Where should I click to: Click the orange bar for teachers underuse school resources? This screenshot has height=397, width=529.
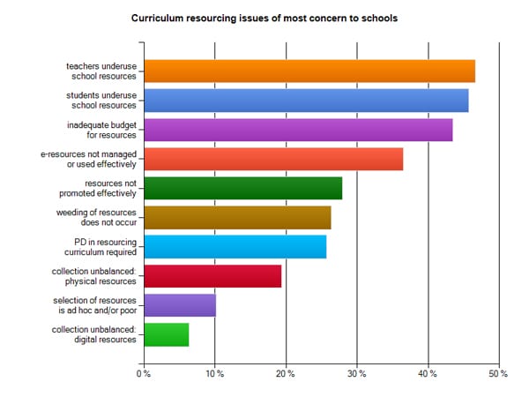309,71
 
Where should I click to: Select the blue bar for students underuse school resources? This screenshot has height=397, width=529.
305,101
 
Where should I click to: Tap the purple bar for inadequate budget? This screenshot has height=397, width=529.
297,130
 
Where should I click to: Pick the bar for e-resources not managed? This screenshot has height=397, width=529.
272,159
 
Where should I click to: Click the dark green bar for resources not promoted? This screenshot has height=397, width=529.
242,188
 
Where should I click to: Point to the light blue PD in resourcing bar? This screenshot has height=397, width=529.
235,246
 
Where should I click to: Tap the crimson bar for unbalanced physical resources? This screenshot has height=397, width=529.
212,275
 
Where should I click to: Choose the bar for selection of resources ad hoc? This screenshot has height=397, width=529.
179,305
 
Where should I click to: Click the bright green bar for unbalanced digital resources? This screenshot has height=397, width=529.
166,334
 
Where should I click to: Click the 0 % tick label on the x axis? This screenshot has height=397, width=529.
143,374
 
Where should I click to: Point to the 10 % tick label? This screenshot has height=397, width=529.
214,374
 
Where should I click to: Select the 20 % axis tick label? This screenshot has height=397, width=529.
285,374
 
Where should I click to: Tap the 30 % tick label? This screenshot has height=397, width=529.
356,374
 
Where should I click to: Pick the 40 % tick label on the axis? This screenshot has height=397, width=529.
428,374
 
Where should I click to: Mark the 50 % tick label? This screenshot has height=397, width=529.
498,374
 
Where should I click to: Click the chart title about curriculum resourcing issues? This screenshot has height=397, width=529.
264,17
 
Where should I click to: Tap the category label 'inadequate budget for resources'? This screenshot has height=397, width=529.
102,130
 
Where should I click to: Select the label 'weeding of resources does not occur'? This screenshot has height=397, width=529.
103,217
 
